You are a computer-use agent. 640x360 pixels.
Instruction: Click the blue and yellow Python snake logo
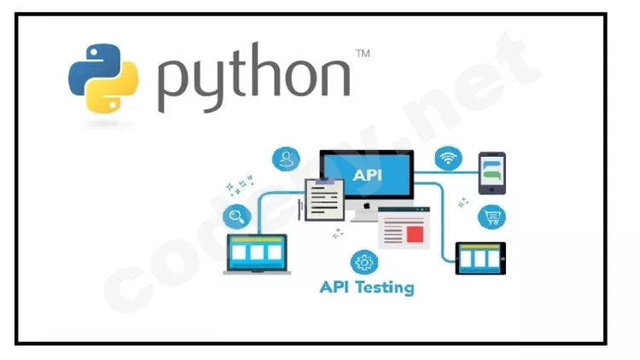103,78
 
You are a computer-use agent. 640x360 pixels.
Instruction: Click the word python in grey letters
254,78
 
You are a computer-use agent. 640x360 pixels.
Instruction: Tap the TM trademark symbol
363,54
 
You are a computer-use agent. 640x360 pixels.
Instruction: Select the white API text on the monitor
367,175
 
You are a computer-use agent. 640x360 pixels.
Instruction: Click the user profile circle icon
286,160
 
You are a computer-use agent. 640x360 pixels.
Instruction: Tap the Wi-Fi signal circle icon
449,158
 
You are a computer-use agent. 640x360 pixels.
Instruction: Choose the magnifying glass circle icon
236,216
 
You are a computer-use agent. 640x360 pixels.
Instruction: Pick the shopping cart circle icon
492,217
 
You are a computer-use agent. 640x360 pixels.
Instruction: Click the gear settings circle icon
364,262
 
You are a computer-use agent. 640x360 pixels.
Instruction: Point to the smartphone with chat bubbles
492,173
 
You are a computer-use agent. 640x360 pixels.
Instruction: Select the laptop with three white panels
257,254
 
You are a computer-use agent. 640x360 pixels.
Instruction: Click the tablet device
480,258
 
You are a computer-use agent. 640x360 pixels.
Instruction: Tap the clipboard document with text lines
324,200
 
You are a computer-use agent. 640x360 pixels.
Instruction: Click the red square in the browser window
415,235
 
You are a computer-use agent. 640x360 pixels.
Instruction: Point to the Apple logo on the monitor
367,206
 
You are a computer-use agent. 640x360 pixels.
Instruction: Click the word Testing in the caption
385,287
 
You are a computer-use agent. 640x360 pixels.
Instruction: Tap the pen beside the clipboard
300,210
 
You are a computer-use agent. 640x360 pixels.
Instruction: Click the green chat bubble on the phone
492,175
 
